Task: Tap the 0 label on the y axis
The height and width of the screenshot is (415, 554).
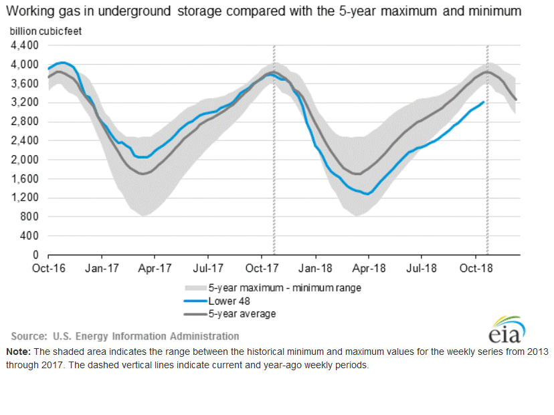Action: pos(36,255)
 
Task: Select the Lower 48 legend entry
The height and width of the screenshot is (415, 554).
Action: pos(231,301)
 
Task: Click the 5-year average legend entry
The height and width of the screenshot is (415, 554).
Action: pos(242,313)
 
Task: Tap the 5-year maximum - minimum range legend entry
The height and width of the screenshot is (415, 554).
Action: pos(285,288)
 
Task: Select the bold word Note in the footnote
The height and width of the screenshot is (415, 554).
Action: pos(17,352)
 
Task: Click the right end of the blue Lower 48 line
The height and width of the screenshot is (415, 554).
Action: pos(484,102)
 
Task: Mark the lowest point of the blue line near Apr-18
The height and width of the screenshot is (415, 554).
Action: pos(367,194)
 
